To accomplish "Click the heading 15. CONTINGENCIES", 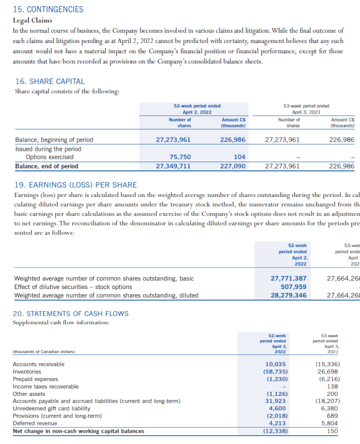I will click(49, 9).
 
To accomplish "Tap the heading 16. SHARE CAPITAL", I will click(50, 81).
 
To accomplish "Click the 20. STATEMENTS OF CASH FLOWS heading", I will click(71, 314).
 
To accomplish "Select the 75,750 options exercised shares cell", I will click(180, 157).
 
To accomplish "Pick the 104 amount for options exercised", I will click(239, 157).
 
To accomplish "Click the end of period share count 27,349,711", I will click(174, 166).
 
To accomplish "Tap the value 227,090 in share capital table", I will click(233, 166).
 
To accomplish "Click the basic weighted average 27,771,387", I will click(288, 278).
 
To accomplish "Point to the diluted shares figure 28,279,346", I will click(288, 295).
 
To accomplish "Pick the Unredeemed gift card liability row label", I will click(51, 408).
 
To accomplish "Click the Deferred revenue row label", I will click(35, 423).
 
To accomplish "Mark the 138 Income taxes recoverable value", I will click(332, 386).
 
